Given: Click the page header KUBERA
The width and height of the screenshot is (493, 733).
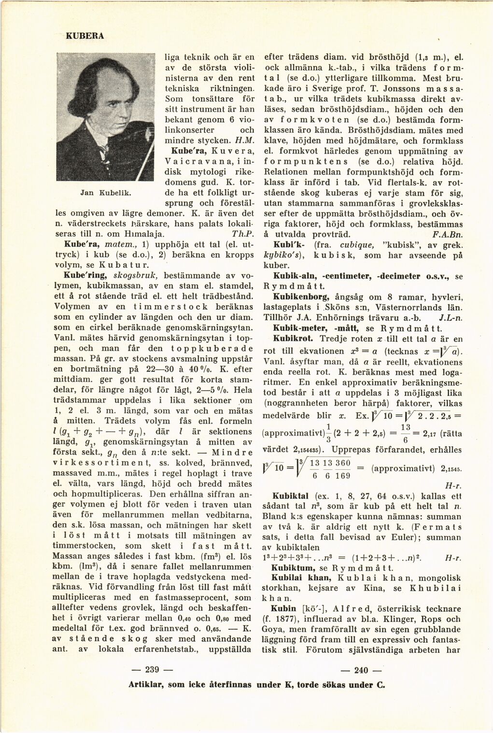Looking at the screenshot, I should (x=85, y=36).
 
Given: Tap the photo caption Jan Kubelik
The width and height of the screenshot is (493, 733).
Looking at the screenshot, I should (x=100, y=193).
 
